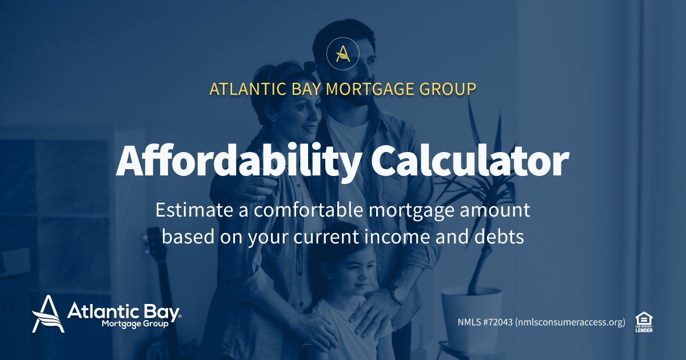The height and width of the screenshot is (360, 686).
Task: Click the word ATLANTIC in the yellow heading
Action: [x=243, y=90]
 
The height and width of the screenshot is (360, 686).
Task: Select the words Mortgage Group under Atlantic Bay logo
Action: [x=135, y=324]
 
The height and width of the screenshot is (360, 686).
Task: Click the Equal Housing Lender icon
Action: [x=644, y=322]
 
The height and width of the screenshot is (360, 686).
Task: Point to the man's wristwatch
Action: [x=398, y=295]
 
